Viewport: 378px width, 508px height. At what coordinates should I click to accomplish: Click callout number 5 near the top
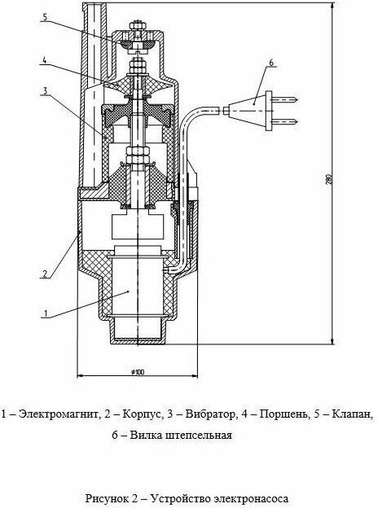(x=45, y=16)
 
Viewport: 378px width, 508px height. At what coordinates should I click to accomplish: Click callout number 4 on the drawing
(x=45, y=60)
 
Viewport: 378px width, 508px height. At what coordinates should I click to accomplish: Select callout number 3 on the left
(x=45, y=90)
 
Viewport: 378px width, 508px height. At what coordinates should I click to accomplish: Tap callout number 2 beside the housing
(x=46, y=274)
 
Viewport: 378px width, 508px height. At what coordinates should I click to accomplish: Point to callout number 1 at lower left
(x=46, y=313)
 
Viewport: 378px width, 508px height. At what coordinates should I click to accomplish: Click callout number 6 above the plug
(x=271, y=62)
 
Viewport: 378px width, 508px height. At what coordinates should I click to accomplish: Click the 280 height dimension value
(x=329, y=180)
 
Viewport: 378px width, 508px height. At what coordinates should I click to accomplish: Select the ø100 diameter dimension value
(x=138, y=372)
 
